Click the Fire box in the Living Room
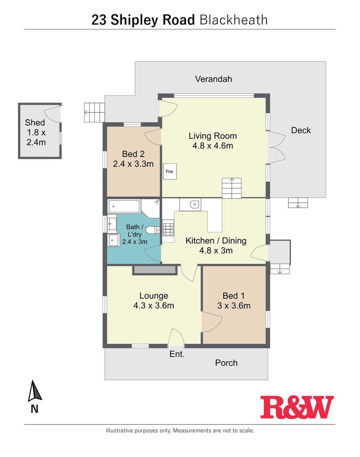click(170, 171)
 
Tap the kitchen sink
click(194, 204)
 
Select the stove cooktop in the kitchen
click(168, 229)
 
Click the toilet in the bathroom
click(153, 230)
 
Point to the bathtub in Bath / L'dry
click(124, 206)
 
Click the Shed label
click(35, 122)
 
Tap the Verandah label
click(214, 79)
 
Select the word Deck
click(301, 130)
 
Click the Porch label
click(226, 363)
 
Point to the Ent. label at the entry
click(177, 354)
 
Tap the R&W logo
click(297, 407)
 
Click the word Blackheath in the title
click(234, 20)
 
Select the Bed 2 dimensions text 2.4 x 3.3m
click(133, 164)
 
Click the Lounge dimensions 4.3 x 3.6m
click(154, 306)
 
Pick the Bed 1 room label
click(234, 296)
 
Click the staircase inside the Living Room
click(232, 188)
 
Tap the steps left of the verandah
click(95, 112)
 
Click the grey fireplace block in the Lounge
click(155, 270)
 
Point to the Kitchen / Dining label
click(216, 241)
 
